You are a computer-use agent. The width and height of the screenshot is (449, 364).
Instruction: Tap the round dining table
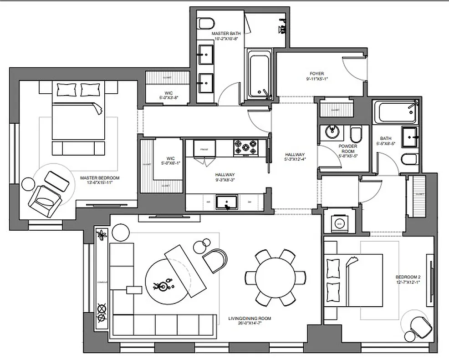pyautogui.click(x=275, y=277)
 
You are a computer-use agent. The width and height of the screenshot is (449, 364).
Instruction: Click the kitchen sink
pyautogui.click(x=226, y=201)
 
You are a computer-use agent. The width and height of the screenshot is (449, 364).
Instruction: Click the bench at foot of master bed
pyautogui.click(x=78, y=148)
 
